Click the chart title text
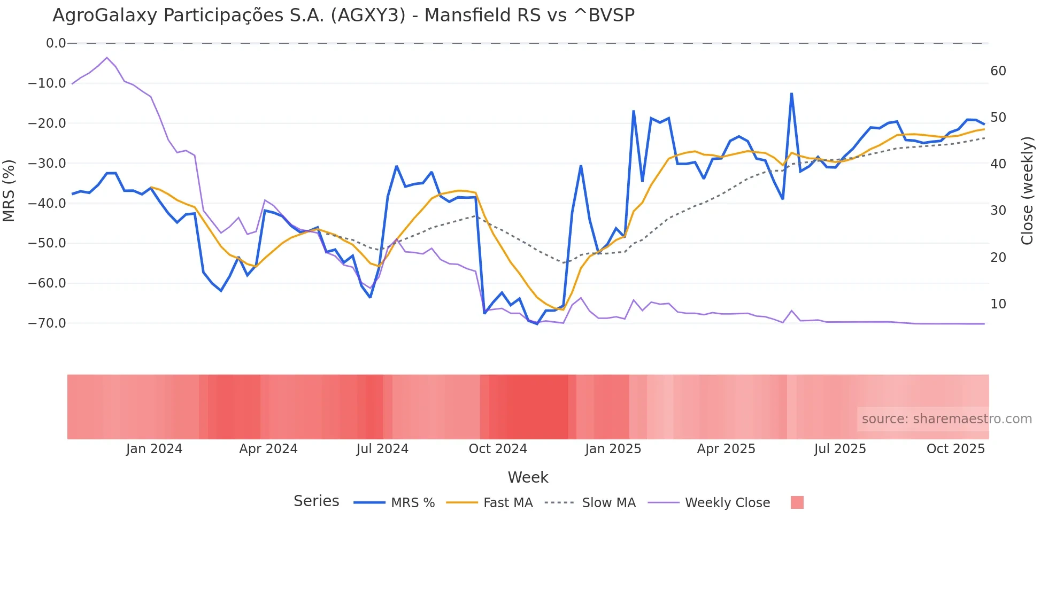(343, 15)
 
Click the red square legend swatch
(797, 502)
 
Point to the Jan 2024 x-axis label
(154, 449)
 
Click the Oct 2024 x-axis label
(498, 449)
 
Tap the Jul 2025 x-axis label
(840, 449)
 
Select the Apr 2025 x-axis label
(726, 449)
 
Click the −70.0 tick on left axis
(47, 323)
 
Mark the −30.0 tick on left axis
(47, 164)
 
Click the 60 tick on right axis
(998, 71)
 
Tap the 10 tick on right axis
(998, 304)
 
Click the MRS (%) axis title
(9, 190)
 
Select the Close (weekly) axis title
(1027, 191)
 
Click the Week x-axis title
(528, 477)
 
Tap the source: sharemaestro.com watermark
(946, 419)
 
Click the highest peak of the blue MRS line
(791, 94)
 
